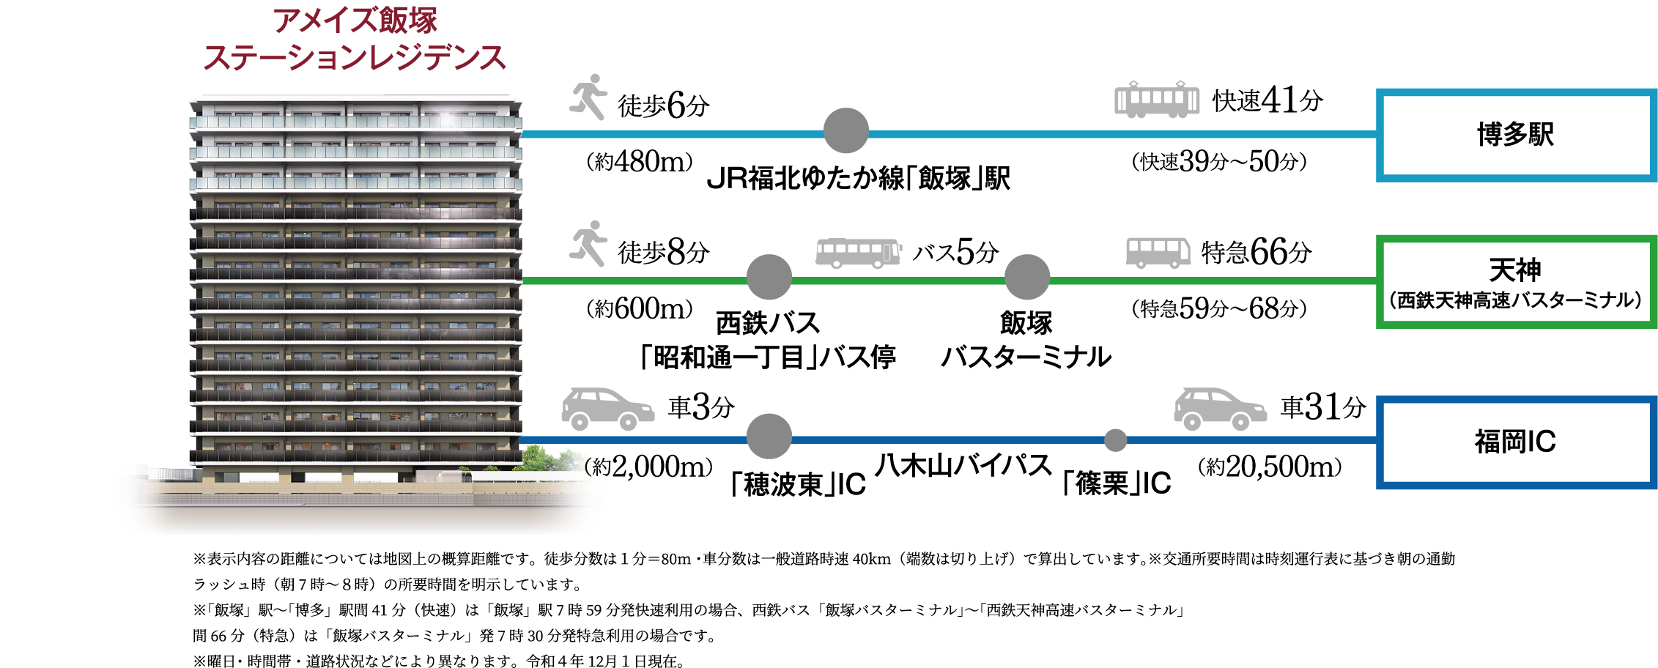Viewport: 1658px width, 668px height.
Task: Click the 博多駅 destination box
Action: coord(1515,135)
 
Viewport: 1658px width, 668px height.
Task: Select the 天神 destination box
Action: coord(1515,281)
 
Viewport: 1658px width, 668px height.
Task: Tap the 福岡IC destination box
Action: coord(1515,442)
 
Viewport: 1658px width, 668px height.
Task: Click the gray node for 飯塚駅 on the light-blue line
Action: coord(845,130)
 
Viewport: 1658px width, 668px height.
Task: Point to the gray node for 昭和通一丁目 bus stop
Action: coord(769,277)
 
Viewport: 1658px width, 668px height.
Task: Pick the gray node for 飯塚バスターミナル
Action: coord(1026,277)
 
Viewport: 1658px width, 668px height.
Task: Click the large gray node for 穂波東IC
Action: coord(769,436)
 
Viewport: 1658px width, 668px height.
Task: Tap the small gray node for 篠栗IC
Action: coord(1115,440)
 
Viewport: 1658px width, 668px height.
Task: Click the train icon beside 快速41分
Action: coord(1156,99)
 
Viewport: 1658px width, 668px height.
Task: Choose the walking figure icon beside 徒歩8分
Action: coord(588,243)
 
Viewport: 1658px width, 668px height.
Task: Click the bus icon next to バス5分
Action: coord(858,252)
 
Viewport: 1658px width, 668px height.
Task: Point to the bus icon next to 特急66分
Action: coord(1158,252)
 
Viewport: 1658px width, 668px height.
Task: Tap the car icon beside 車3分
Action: coord(607,409)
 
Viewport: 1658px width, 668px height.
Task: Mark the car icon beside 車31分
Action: coord(1219,409)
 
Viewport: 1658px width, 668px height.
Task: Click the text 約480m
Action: coord(639,162)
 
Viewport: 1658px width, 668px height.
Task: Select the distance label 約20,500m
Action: coord(1270,467)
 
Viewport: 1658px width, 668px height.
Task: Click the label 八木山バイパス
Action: coord(963,466)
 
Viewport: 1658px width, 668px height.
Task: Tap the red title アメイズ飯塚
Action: coord(355,21)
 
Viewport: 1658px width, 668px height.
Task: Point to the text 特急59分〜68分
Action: coord(1218,308)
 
